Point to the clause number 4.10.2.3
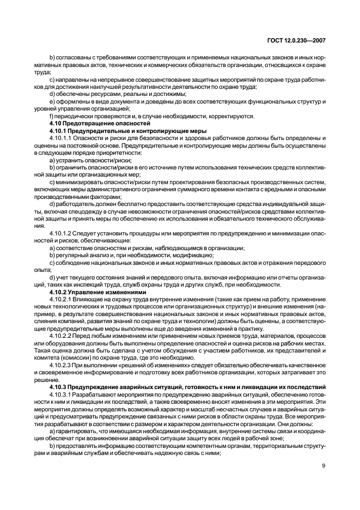59,365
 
